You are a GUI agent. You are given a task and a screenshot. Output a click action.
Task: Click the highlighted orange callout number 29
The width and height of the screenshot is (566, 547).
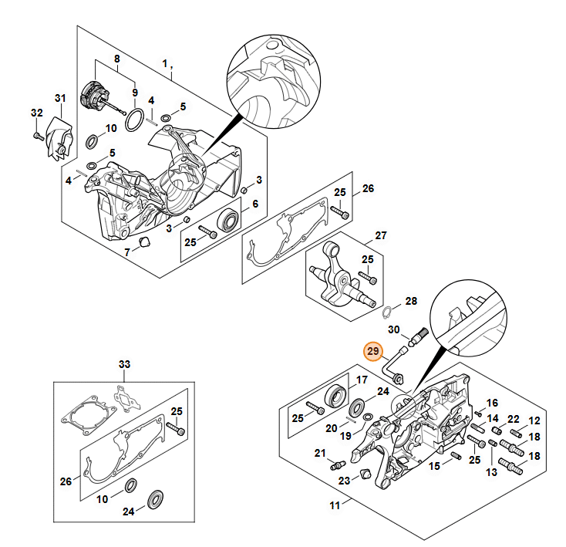click(373, 351)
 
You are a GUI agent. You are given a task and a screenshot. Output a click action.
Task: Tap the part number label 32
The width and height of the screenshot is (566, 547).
click(36, 113)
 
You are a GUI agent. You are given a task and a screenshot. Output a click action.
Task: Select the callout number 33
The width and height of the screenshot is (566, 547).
click(124, 364)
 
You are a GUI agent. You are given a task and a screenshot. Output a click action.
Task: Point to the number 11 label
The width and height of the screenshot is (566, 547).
click(335, 505)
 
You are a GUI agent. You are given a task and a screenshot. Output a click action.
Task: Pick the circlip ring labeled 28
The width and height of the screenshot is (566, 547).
click(386, 312)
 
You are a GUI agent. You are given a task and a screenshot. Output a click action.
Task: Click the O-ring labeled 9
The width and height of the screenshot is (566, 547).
click(133, 120)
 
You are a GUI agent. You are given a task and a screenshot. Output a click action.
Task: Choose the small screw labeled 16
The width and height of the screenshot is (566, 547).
click(479, 413)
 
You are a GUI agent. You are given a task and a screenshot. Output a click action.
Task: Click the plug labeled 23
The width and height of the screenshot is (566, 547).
click(366, 474)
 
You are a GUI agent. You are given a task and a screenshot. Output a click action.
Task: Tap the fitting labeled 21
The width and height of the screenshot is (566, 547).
click(338, 465)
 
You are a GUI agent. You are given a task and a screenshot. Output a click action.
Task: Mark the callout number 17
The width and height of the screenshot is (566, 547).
click(362, 380)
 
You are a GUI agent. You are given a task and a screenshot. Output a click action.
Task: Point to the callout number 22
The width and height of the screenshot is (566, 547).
click(513, 419)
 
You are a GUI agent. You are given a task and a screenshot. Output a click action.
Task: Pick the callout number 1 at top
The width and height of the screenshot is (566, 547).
click(164, 64)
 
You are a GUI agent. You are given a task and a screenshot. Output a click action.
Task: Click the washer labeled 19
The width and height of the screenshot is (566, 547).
click(367, 417)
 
